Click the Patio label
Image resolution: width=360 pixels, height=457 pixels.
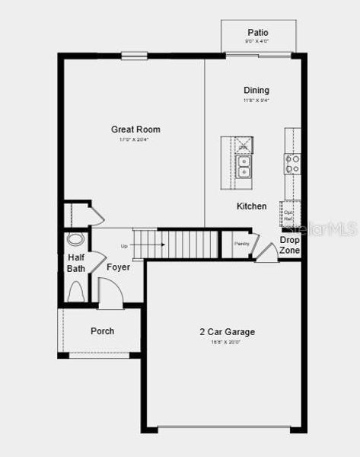coord(258,33)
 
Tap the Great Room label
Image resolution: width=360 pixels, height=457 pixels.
coord(135,129)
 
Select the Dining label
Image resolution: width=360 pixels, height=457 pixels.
coord(256,90)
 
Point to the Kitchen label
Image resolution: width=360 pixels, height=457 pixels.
coord(251,206)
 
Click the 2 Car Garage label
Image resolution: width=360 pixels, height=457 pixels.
coord(227,332)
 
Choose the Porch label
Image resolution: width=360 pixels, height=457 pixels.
coord(102,331)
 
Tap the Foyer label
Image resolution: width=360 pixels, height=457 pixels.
coord(118,267)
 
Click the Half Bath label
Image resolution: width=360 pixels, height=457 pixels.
coord(76,263)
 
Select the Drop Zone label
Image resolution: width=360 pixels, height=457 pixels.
coord(289,245)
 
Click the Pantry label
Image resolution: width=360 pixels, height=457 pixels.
coord(242,244)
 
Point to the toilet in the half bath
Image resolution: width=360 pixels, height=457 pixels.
coord(77,292)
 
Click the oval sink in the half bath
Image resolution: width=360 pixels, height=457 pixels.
coord(75,239)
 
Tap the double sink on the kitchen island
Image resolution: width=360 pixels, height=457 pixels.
coord(243,166)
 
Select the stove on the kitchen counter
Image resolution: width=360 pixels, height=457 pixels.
coord(292,164)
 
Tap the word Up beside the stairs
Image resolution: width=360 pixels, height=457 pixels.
coord(124,246)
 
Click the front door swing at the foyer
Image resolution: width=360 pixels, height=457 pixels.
coord(110,292)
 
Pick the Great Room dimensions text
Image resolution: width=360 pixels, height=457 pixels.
coord(135,140)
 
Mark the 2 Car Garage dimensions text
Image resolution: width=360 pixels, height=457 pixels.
coord(227,343)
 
